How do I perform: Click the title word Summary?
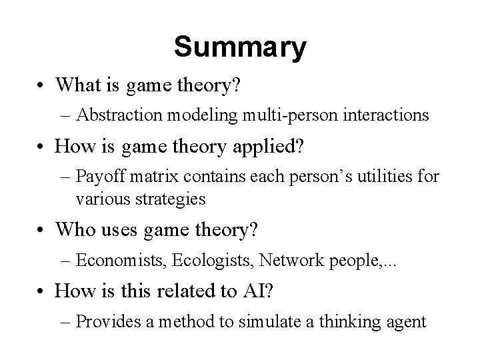point(240,47)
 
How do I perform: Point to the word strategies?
point(151,198)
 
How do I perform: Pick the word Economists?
point(121,261)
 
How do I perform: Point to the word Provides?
point(109,322)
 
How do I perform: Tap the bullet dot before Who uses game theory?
point(43,231)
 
